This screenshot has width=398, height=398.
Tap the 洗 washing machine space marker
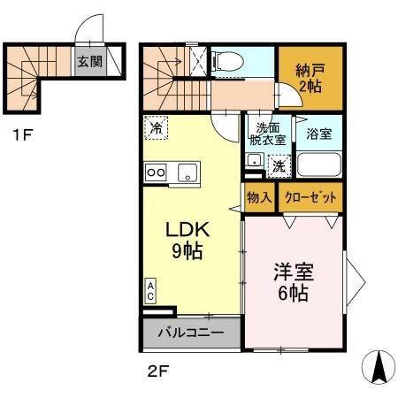(x=277, y=165)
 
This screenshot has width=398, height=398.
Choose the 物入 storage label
(x=258, y=196)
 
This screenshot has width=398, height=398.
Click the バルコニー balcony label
(x=189, y=334)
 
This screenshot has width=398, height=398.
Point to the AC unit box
(x=150, y=291)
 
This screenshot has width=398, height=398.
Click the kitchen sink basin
(x=188, y=172)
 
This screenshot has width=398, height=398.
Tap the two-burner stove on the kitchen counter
(x=157, y=172)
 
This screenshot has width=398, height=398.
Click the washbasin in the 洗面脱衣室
(x=254, y=161)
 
